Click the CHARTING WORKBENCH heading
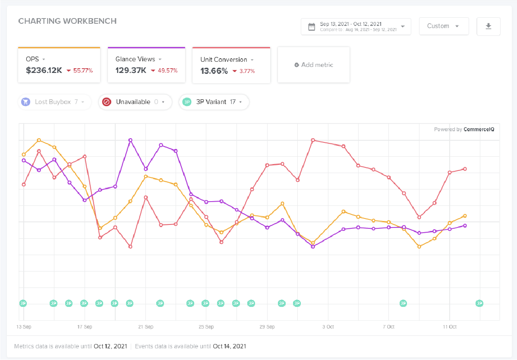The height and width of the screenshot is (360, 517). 67,21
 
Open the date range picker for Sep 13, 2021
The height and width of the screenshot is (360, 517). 356,26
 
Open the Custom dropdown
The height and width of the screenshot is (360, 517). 444,26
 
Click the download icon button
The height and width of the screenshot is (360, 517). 489,26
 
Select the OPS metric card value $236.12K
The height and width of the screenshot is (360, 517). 44,70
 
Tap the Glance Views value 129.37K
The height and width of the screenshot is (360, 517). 130,70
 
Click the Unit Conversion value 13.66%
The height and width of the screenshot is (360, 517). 214,71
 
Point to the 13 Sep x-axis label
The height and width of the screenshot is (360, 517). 24,327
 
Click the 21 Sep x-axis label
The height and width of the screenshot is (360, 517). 146,327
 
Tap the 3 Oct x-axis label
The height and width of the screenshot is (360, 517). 328,327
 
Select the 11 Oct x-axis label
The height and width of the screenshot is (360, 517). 450,327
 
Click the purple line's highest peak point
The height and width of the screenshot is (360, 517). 130,140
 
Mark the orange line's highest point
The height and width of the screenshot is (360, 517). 39,140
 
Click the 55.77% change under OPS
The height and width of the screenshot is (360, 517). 83,71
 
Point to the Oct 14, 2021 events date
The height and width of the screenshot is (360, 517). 230,346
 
